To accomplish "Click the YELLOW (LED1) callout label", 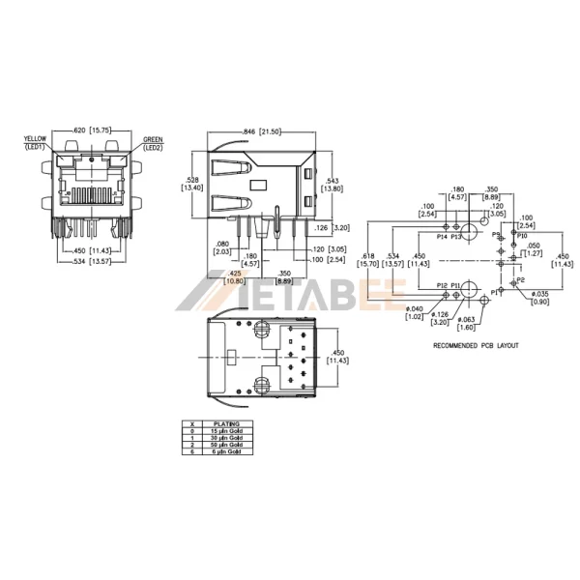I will pos(36,143).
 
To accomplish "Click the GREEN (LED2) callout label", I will pos(153,143).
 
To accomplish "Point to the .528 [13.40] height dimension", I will pos(192,184).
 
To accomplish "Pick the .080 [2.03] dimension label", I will pos(223,247).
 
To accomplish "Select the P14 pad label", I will pos(442,235).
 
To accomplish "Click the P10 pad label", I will pos(522,235).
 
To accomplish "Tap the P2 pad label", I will pos(520,279).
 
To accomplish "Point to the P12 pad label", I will pos(442,285).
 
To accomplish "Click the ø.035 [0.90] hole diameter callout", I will pos(539,297).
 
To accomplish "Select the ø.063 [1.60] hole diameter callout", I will pos(468,322).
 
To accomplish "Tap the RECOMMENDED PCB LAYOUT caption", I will pos(476,345).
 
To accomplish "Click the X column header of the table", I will pos(194,423).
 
